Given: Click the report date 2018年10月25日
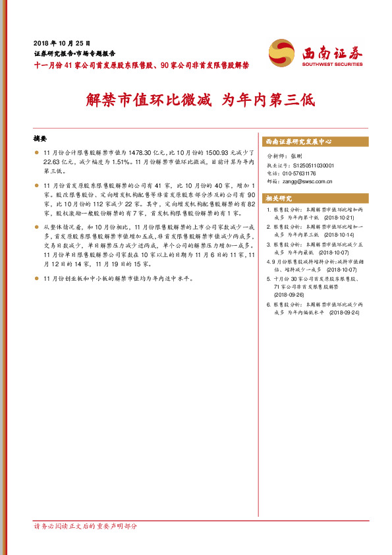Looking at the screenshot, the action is tap(61, 41).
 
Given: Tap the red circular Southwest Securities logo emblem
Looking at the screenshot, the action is tap(282, 51).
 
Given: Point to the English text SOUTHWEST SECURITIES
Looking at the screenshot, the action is tap(332, 65).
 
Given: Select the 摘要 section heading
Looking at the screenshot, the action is tap(41, 139).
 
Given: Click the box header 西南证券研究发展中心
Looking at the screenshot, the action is tap(298, 142).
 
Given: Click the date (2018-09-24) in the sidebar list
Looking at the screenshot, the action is tap(345, 312).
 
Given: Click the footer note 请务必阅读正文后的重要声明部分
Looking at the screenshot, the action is tap(86, 526).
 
